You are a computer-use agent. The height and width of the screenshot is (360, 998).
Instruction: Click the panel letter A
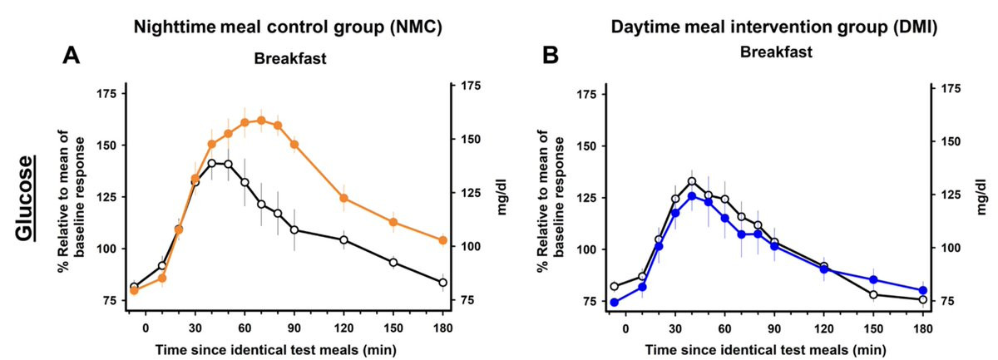tap(71, 57)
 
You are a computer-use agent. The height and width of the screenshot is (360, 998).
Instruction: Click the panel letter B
tap(550, 57)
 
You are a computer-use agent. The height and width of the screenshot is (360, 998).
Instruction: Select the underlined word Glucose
tap(26, 198)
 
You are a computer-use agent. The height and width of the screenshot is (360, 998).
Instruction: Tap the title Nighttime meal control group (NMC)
tap(289, 27)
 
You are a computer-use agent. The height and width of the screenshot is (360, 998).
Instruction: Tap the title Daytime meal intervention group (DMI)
tap(774, 27)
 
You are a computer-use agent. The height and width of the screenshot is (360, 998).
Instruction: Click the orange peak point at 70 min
tap(261, 121)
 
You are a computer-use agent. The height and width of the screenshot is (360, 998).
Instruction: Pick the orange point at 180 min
tap(442, 240)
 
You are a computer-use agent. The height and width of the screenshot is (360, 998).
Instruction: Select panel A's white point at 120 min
tap(343, 239)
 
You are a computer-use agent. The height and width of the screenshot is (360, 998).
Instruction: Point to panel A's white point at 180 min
tap(442, 283)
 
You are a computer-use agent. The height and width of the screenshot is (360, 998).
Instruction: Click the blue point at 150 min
tap(873, 280)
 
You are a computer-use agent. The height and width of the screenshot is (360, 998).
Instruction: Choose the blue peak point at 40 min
tap(691, 196)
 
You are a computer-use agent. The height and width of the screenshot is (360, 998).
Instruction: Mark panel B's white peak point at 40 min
tap(691, 181)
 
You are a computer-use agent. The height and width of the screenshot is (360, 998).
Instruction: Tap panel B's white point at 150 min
tap(873, 294)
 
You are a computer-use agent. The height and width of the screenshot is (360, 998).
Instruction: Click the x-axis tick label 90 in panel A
tap(294, 328)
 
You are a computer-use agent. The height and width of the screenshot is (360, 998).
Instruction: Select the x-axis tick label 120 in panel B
tap(824, 329)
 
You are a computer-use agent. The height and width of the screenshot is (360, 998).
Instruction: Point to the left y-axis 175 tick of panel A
tap(105, 94)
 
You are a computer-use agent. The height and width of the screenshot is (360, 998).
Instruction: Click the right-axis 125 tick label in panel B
tap(950, 195)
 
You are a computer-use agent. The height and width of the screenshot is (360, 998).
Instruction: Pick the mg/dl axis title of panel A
tap(503, 197)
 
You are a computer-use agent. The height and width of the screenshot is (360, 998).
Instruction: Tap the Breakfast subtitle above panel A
tap(290, 59)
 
